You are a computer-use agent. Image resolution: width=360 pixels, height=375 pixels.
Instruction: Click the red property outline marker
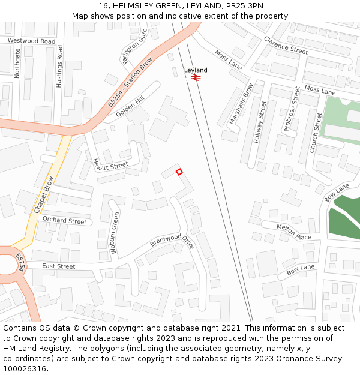(x=179, y=172)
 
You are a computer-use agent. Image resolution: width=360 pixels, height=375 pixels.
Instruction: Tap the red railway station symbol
(x=196, y=77)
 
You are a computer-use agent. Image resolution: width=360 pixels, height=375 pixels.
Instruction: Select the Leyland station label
(x=196, y=70)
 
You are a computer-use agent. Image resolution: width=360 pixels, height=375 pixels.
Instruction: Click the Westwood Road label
(x=31, y=41)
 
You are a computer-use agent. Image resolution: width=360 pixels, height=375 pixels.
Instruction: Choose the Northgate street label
(x=17, y=64)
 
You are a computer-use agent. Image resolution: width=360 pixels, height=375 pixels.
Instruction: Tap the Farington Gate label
(x=134, y=41)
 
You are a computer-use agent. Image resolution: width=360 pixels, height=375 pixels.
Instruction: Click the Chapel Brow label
(x=44, y=195)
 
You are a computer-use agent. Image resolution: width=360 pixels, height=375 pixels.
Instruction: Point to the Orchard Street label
(x=64, y=220)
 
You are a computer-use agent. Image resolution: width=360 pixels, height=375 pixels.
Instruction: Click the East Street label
(x=59, y=266)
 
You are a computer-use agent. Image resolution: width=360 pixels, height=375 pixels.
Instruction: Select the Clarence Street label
(x=286, y=45)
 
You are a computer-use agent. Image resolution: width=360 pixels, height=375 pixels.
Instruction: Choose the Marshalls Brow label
(x=241, y=104)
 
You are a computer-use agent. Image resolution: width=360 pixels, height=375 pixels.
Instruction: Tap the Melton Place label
(x=294, y=231)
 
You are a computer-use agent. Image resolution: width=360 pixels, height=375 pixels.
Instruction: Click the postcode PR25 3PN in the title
(x=247, y=6)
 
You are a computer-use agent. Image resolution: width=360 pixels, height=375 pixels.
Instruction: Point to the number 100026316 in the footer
(x=24, y=368)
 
